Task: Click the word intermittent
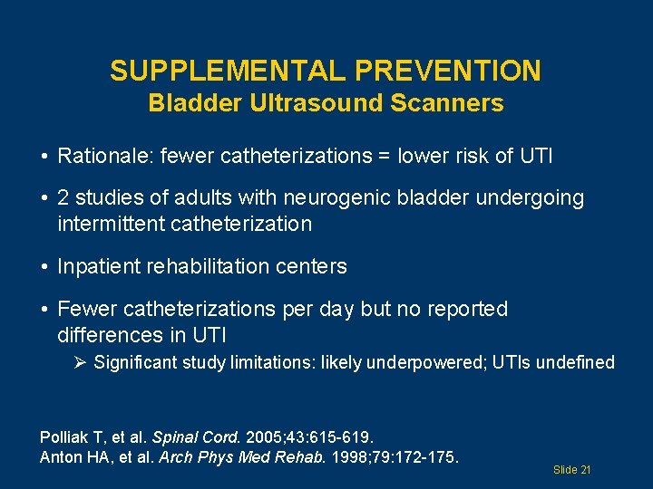(x=110, y=223)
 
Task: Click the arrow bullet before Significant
(x=81, y=363)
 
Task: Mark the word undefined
(x=578, y=363)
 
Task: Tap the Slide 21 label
(x=571, y=470)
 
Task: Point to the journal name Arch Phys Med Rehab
(x=235, y=456)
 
